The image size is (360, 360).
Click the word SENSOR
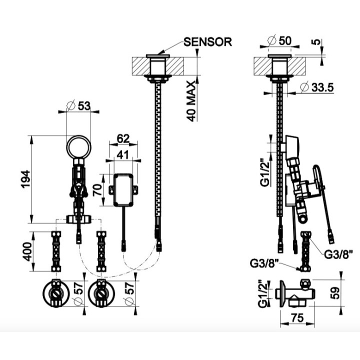pyautogui.click(x=208, y=42)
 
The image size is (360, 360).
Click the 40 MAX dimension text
pyautogui.click(x=191, y=101)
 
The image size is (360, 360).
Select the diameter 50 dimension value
pyautogui.click(x=279, y=40)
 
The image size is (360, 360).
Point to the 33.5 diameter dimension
pyautogui.click(x=317, y=87)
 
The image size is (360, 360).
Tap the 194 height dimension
pyautogui.click(x=25, y=179)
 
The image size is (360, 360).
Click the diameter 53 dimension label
pyautogui.click(x=78, y=106)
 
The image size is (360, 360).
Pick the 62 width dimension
pyautogui.click(x=123, y=138)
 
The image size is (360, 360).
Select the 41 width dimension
pyautogui.click(x=123, y=155)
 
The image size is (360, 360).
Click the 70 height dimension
pyautogui.click(x=97, y=190)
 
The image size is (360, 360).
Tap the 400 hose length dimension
pyautogui.click(x=27, y=251)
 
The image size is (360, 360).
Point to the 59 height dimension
pyautogui.click(x=335, y=292)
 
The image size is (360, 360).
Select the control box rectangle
pyautogui.click(x=123, y=190)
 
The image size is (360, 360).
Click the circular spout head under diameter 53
pyautogui.click(x=78, y=147)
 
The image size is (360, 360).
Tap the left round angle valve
pyautogui.click(x=56, y=292)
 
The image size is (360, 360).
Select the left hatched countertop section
pyautogui.click(x=140, y=66)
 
